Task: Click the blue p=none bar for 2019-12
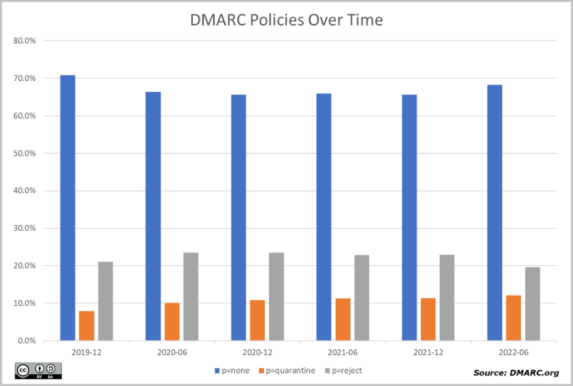pyautogui.click(x=68, y=208)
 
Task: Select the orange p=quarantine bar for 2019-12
pyautogui.click(x=87, y=326)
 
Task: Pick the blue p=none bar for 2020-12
pyautogui.click(x=238, y=218)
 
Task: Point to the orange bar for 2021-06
pyautogui.click(x=343, y=319)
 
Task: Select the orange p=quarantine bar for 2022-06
pyautogui.click(x=513, y=318)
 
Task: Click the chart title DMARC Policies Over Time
pyautogui.click(x=286, y=20)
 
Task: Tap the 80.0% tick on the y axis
pyautogui.click(x=24, y=41)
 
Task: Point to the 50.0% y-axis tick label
pyautogui.click(x=24, y=153)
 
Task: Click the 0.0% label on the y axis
pyautogui.click(x=26, y=341)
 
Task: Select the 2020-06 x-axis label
pyautogui.click(x=172, y=352)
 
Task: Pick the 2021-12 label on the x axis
pyautogui.click(x=427, y=352)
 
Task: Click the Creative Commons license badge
pyautogui.click(x=38, y=371)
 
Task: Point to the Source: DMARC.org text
pyautogui.click(x=515, y=372)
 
